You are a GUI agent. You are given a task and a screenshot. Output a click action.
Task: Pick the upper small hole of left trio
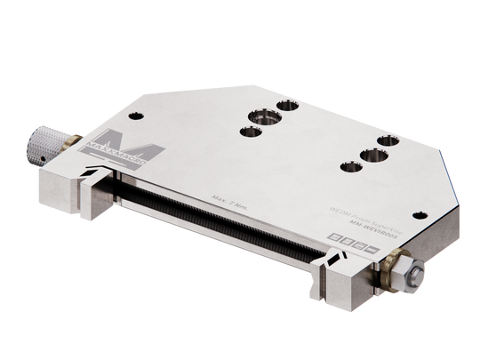[x=287, y=105]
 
